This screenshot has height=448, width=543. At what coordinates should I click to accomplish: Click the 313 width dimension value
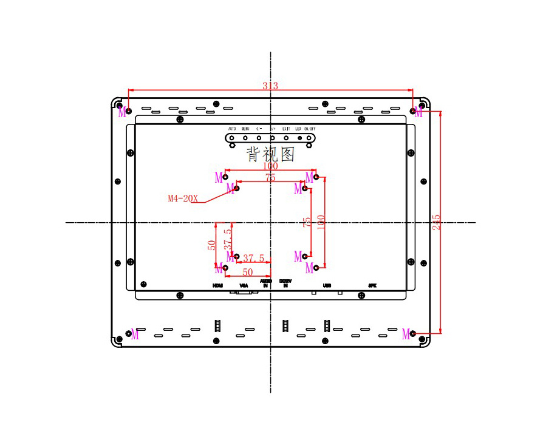[x=270, y=86]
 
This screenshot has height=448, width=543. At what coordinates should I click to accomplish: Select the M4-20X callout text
[x=183, y=198]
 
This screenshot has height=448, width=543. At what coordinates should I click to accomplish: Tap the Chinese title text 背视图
[x=270, y=154]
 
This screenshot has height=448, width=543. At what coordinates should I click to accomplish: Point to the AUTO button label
[x=232, y=129]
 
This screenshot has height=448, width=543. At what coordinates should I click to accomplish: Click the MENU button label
[x=245, y=129]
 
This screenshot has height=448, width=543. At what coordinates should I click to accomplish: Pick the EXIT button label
[x=286, y=129]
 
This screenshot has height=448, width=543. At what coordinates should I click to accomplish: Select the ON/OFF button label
[x=310, y=129]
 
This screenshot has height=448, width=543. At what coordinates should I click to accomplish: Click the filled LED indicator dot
[x=299, y=138]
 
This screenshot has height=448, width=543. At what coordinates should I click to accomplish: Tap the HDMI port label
[x=217, y=285]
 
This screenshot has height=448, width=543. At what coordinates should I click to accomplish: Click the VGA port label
[x=244, y=285]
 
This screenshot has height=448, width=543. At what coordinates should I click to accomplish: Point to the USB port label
[x=327, y=285]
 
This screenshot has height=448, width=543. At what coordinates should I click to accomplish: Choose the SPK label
[x=372, y=285]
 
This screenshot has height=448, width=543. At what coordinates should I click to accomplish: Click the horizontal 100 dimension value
[x=270, y=166]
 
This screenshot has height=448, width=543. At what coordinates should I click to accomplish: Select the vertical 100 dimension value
[x=321, y=222]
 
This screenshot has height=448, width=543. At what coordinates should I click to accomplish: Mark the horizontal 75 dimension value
[x=270, y=177]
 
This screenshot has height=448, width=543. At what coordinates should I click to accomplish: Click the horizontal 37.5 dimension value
[x=253, y=258]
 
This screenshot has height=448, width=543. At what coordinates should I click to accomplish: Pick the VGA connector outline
[x=244, y=293]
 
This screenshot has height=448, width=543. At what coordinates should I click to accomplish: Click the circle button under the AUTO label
[x=232, y=138]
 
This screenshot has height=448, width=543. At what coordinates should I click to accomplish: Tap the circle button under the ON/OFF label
[x=310, y=138]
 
